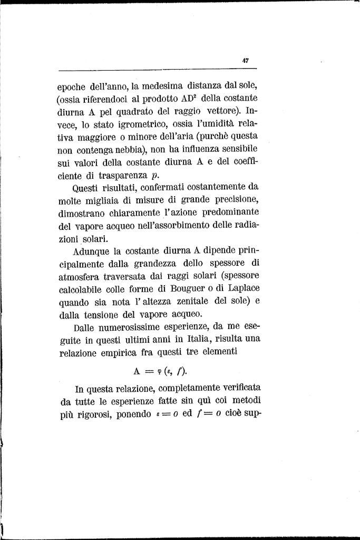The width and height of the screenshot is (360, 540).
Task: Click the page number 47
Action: point(245,60)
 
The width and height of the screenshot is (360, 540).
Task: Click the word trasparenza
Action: point(119,176)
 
